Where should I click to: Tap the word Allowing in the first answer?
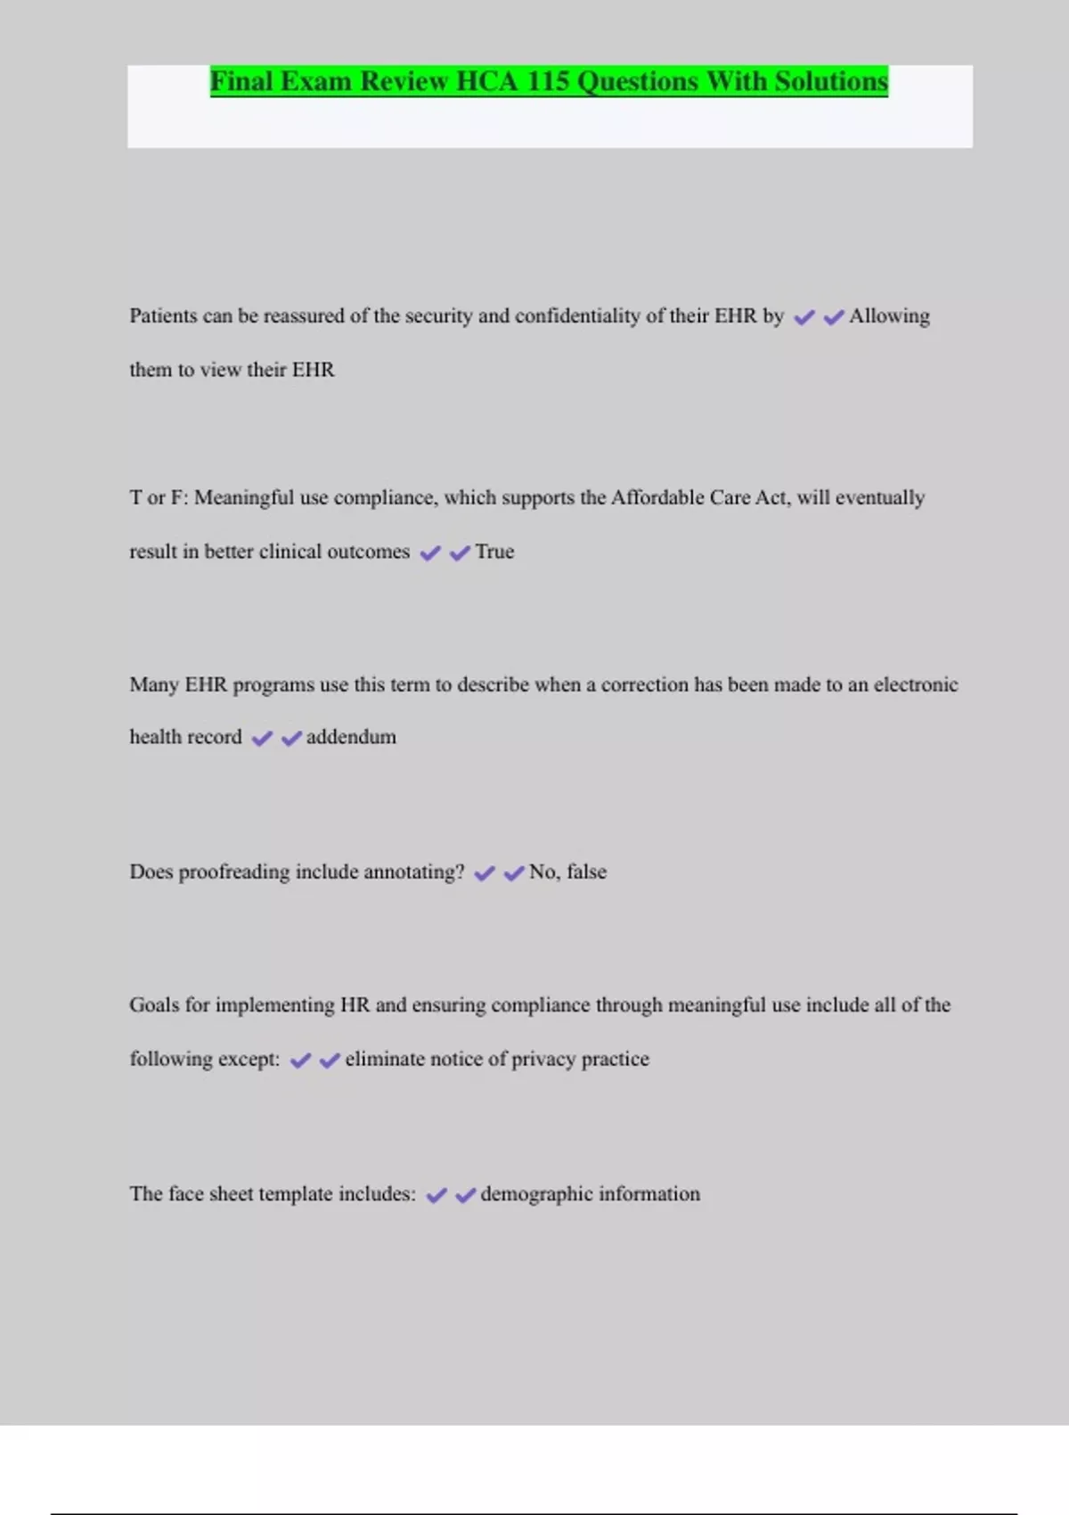[889, 316]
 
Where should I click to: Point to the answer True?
[494, 552]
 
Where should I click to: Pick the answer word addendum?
[351, 737]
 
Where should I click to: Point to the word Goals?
[154, 1005]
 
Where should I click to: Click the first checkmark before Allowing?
[804, 317]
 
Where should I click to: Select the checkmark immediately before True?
[460, 553]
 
